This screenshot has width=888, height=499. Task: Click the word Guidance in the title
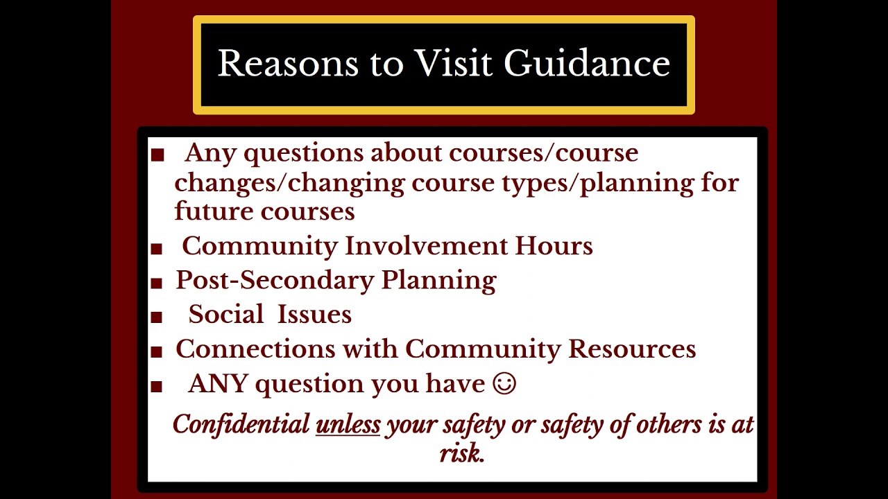click(x=587, y=64)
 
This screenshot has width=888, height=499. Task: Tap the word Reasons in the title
click(x=288, y=64)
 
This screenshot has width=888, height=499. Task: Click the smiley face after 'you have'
click(x=504, y=383)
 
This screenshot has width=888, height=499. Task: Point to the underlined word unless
click(x=348, y=424)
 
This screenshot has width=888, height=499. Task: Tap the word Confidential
click(x=241, y=424)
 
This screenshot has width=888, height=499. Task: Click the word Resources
click(x=632, y=349)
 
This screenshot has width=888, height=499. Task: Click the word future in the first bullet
click(x=214, y=211)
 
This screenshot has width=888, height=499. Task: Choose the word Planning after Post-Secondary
click(x=439, y=280)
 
